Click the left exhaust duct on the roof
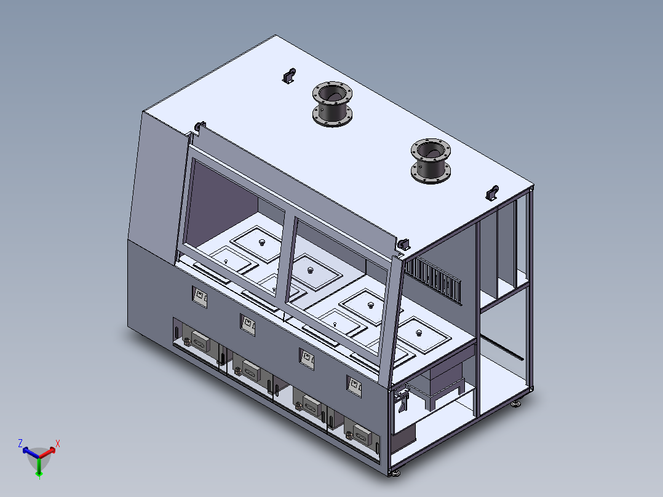click(x=332, y=104)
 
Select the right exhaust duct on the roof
click(x=431, y=161)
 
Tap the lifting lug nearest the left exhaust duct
click(x=289, y=76)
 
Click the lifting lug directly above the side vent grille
click(x=403, y=244)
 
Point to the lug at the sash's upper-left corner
click(x=199, y=127)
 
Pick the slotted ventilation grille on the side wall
click(x=432, y=279)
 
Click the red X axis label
click(x=58, y=443)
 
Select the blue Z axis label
click(x=20, y=443)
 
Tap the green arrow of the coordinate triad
click(x=39, y=467)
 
